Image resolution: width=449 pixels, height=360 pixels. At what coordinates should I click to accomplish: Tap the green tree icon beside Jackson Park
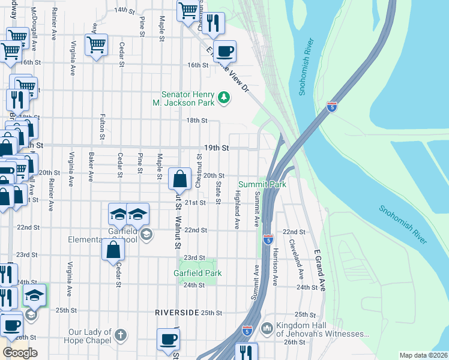pyautogui.click(x=223, y=97)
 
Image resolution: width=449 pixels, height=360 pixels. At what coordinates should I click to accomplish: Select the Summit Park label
pyautogui.click(x=262, y=184)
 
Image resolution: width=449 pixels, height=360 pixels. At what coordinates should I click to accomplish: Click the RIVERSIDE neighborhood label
pyautogui.click(x=176, y=313)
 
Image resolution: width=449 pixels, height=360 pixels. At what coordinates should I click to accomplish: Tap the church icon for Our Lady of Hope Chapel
pyautogui.click(x=121, y=335)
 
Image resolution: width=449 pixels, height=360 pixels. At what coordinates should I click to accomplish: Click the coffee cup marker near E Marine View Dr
pyautogui.click(x=225, y=51)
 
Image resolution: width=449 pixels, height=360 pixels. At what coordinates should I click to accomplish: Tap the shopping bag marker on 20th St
pyautogui.click(x=180, y=178)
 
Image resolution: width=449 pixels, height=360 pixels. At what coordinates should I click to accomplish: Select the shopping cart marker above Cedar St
pyautogui.click(x=96, y=44)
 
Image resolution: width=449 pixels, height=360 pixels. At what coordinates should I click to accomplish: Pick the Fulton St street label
pyautogui.click(x=103, y=124)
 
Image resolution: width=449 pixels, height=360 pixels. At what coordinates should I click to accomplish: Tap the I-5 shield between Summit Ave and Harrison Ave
pyautogui.click(x=268, y=239)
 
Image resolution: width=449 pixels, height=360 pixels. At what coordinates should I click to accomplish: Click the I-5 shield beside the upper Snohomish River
pyautogui.click(x=332, y=106)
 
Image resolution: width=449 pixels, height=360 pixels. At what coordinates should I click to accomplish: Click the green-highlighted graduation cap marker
pyautogui.click(x=34, y=295)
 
